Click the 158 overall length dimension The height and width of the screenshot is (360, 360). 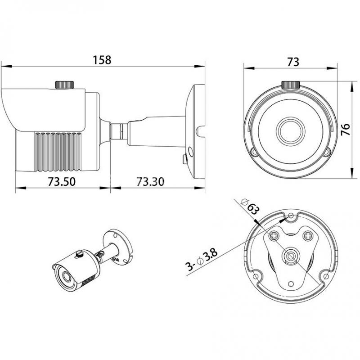(x=102, y=60)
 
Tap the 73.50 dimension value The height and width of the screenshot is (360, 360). (x=62, y=181)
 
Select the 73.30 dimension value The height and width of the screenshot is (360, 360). (x=150, y=181)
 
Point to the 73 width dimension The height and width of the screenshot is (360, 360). (x=293, y=62)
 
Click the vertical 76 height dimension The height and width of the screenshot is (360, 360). (x=345, y=130)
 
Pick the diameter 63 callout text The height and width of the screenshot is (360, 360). (x=250, y=207)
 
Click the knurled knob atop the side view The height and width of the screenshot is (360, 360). (x=64, y=85)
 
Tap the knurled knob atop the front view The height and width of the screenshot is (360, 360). (x=291, y=85)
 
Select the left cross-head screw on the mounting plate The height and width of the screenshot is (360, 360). (x=274, y=235)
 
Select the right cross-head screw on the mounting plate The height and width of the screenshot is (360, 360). (x=308, y=235)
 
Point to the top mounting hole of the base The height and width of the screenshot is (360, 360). (x=291, y=216)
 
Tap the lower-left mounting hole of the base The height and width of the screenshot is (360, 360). (x=256, y=276)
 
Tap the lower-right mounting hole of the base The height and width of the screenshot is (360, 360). (x=326, y=276)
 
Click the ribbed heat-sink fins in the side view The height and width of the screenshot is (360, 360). (x=58, y=152)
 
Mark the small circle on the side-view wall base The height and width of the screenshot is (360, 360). (x=190, y=152)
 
